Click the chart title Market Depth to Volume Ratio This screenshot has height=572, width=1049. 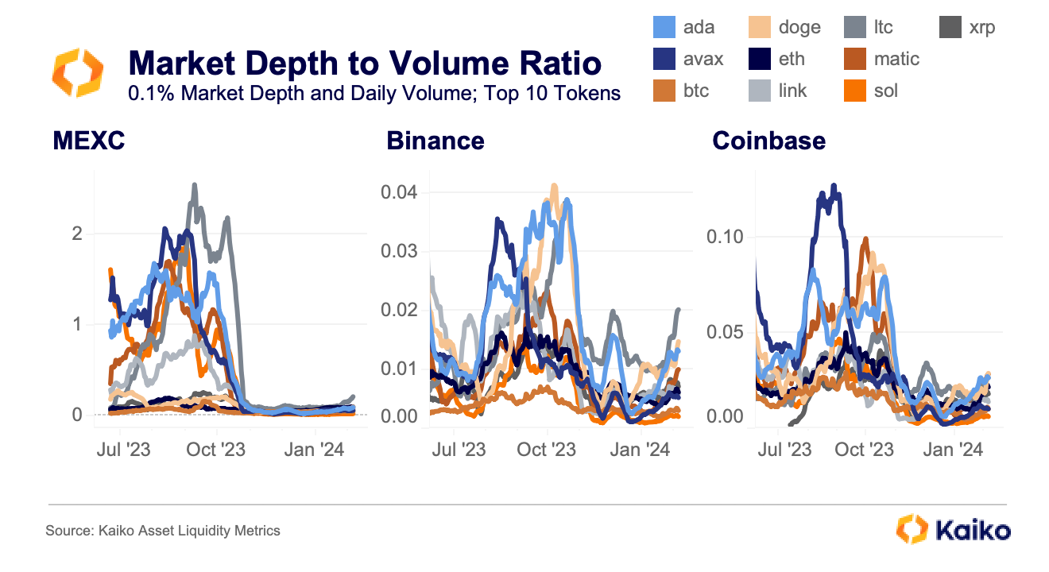click(365, 63)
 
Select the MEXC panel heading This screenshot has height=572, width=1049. click(89, 141)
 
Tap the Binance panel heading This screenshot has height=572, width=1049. click(435, 141)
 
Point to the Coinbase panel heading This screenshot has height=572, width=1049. click(768, 141)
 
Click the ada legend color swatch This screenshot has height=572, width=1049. click(664, 27)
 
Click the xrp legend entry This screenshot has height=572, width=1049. click(966, 27)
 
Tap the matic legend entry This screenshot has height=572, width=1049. click(882, 59)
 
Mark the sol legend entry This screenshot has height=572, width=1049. click(873, 91)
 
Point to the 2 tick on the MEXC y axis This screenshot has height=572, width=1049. click(77, 234)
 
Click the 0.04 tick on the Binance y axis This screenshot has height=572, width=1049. click(400, 192)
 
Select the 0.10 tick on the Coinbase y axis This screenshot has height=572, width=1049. click(726, 237)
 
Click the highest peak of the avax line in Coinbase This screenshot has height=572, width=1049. click(834, 186)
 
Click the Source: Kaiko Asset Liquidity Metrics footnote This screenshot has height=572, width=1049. click(163, 530)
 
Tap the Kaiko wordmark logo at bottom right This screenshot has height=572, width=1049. click(953, 530)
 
